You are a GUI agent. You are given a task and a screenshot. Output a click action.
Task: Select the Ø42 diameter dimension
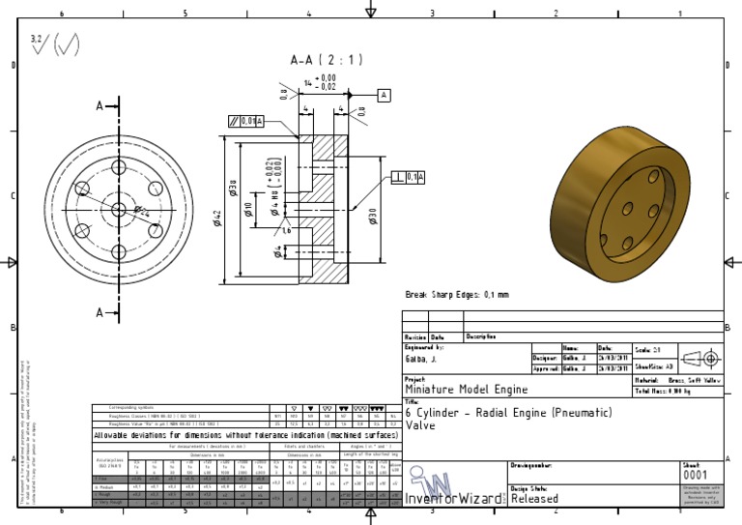(217, 219)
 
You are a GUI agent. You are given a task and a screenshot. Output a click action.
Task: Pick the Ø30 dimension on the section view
(373, 216)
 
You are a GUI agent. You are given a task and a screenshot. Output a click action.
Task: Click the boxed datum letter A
(384, 95)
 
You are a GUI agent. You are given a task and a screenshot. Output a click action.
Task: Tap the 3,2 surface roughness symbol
(39, 43)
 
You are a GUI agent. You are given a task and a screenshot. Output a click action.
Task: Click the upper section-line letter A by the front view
(100, 106)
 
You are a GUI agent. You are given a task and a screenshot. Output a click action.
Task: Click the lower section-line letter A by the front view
(100, 312)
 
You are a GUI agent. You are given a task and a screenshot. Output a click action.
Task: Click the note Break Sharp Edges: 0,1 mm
(456, 294)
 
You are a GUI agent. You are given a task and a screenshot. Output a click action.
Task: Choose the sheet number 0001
(695, 476)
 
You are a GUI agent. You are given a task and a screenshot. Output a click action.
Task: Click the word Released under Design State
(534, 499)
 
